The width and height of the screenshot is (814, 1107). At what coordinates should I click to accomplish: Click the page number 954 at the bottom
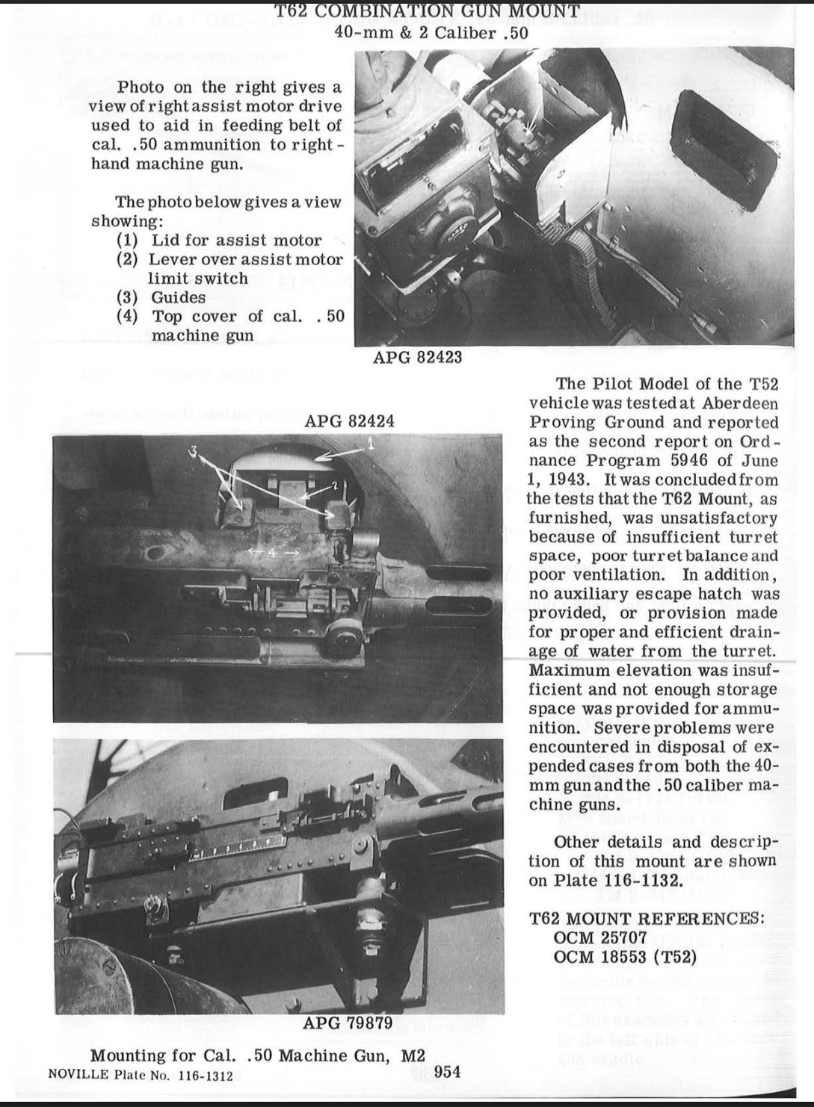click(x=447, y=1071)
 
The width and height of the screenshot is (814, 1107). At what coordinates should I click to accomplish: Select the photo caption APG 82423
click(x=418, y=357)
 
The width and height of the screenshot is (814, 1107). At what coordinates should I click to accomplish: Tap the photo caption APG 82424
click(x=350, y=421)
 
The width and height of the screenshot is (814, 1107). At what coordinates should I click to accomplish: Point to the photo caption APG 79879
click(x=348, y=1023)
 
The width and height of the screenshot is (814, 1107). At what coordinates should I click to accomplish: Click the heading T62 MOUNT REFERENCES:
click(x=647, y=918)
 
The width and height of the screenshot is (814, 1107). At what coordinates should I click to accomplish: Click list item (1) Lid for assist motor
click(x=219, y=241)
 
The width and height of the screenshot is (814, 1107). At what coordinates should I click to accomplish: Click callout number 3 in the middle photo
click(x=194, y=452)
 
